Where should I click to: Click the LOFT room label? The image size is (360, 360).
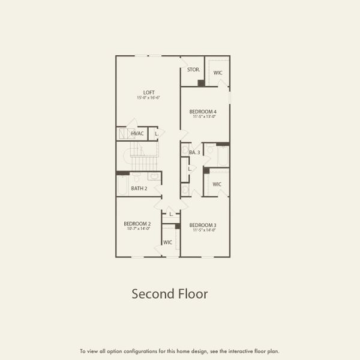[149, 92]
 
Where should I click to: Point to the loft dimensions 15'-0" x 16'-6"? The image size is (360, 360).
[149, 97]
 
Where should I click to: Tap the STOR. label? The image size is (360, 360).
[193, 70]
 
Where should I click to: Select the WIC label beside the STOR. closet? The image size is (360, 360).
[218, 73]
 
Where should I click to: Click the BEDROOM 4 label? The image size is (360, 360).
[203, 112]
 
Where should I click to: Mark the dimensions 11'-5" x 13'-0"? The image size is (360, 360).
[203, 117]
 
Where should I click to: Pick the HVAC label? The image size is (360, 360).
[137, 133]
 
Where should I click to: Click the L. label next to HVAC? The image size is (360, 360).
[157, 133]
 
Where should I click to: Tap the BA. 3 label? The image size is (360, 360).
[194, 152]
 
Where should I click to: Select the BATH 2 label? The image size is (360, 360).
[139, 188]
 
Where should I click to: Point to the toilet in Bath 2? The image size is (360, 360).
[137, 177]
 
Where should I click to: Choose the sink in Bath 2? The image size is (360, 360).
[153, 177]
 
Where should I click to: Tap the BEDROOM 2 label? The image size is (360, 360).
[137, 224]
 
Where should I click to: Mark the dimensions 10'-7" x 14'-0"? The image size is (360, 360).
[137, 229]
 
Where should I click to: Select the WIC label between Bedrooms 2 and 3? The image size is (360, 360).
[168, 242]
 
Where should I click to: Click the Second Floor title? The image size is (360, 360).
[170, 294]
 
